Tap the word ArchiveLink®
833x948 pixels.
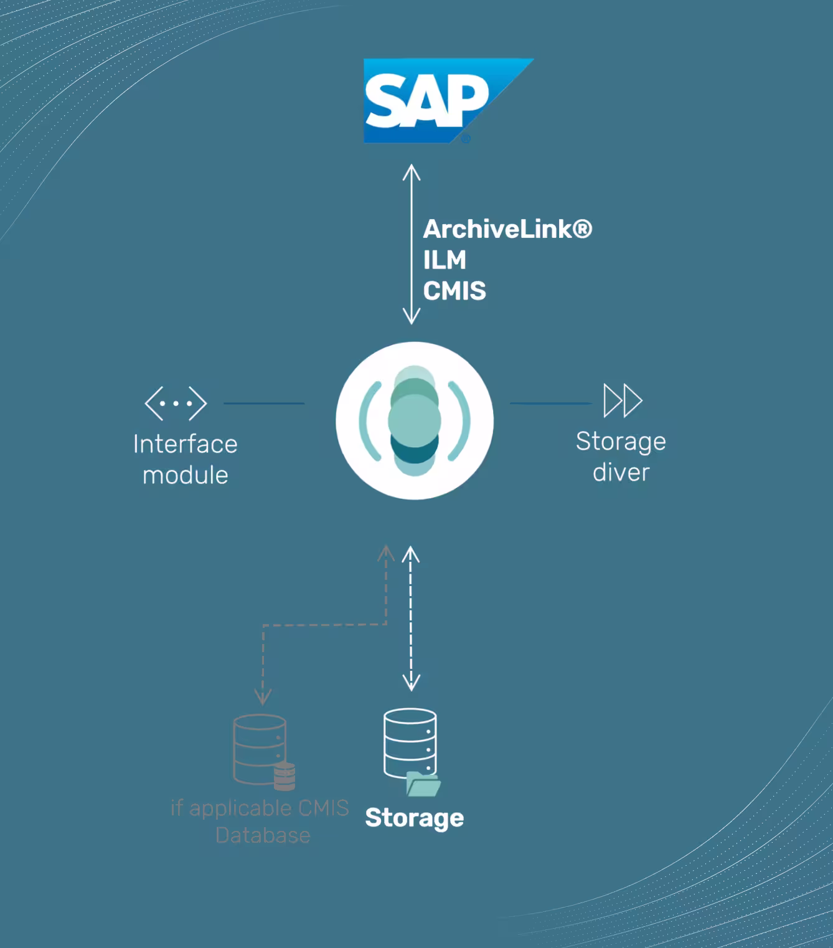click(507, 229)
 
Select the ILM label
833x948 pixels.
click(445, 260)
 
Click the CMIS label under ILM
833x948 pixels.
click(454, 291)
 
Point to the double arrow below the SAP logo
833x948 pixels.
click(412, 244)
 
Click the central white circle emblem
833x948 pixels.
click(415, 420)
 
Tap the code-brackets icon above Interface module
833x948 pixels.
click(176, 403)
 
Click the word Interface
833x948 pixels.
click(186, 444)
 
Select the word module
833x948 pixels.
click(186, 475)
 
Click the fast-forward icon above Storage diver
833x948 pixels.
click(623, 401)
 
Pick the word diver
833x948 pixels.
click(621, 472)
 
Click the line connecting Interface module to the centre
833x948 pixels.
click(264, 404)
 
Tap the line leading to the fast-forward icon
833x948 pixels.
click(550, 404)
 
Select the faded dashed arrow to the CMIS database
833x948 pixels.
click(324, 624)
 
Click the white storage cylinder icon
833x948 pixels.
click(410, 742)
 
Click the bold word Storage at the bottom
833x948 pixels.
click(415, 818)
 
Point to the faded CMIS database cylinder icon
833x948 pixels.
click(260, 749)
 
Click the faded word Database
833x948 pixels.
click(263, 835)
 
